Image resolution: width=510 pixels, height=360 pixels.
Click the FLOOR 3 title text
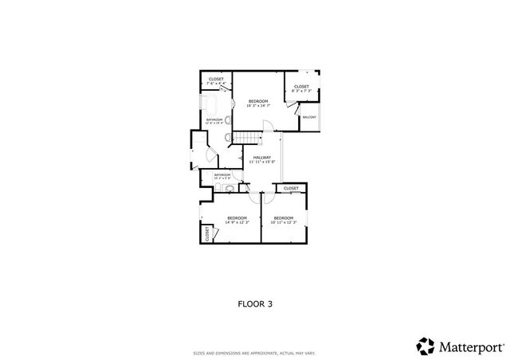tap(255, 303)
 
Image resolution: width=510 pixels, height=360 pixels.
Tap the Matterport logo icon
tap(426, 346)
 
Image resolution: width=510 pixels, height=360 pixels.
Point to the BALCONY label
tap(310, 118)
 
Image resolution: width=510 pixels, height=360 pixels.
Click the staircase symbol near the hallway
tap(248, 139)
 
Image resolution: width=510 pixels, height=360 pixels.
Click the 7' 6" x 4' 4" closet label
tap(216, 81)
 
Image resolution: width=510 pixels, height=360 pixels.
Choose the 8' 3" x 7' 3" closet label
tap(301, 88)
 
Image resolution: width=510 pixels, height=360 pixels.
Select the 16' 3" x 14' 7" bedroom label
tap(257, 103)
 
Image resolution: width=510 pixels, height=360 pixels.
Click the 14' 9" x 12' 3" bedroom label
tap(237, 220)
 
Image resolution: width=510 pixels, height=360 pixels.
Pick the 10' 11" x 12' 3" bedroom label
tap(284, 220)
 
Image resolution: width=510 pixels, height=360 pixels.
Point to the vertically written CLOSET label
tap(207, 233)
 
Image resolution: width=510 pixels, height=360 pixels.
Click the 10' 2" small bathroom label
tap(222, 176)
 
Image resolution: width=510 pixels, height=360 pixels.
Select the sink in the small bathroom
tap(229, 190)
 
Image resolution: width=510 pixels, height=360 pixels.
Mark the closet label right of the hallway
tap(291, 188)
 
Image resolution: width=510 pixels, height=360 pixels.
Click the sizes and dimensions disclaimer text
tap(255, 353)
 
